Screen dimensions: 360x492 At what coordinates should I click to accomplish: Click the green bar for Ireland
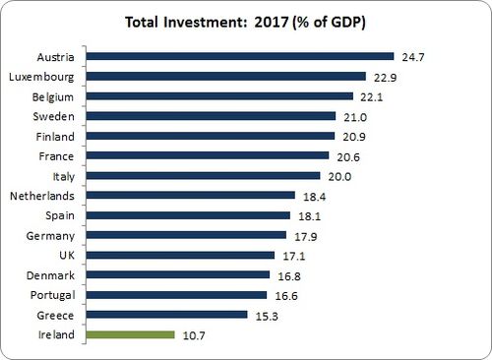[x=130, y=334]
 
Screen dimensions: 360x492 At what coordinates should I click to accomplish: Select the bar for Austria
[x=239, y=56]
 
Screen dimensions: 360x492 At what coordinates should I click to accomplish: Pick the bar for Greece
[x=166, y=314]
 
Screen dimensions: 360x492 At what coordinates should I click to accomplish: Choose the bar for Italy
[x=203, y=175]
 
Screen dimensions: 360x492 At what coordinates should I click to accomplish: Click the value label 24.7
[x=411, y=57]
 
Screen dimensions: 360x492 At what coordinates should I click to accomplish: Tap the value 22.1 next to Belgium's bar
[x=371, y=96]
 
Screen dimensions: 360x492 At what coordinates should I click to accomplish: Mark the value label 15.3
[x=266, y=315]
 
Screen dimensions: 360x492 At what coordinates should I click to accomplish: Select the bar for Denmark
[x=176, y=274]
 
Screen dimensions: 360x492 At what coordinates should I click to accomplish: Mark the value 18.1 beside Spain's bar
[x=308, y=215]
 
